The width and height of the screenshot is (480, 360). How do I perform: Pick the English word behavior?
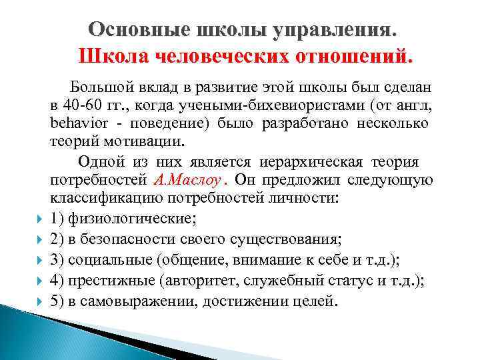[x=76, y=124]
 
